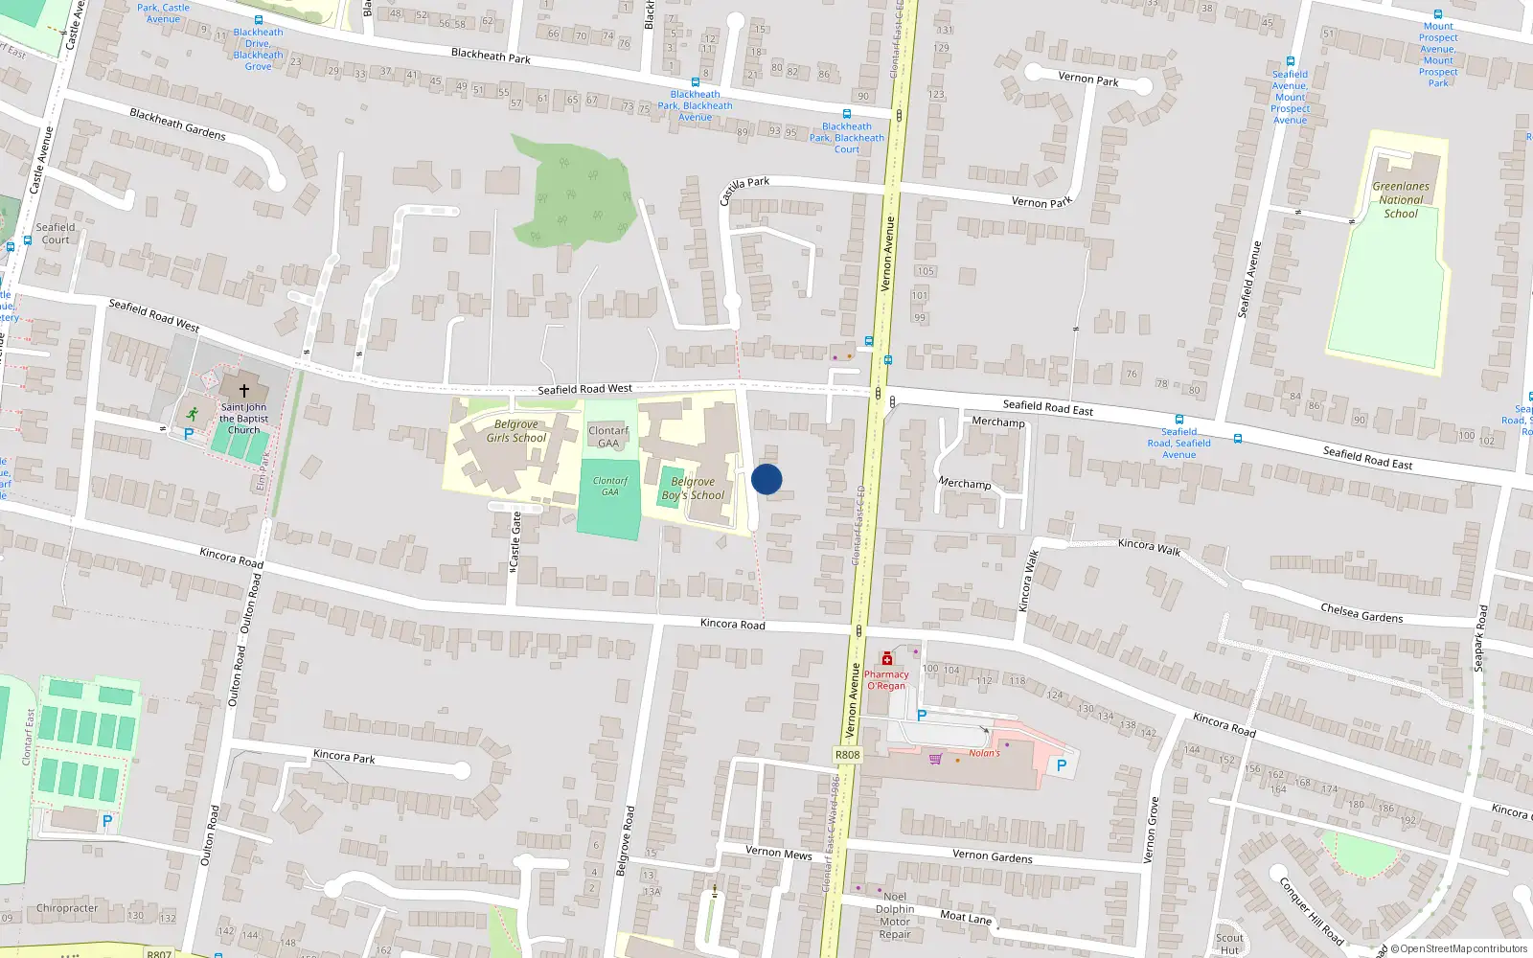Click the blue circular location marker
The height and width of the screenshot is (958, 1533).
click(x=766, y=479)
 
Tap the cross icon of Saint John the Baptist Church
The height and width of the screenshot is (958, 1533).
click(x=243, y=391)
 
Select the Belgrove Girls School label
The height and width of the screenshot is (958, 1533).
click(x=515, y=431)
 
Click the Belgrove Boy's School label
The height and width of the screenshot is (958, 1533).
click(x=693, y=489)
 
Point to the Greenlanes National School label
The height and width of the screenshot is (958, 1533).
click(x=1401, y=200)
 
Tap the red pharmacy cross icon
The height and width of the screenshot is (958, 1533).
click(x=887, y=659)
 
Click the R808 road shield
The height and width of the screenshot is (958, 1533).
click(x=848, y=755)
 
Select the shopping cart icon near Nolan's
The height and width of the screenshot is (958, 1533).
click(x=934, y=759)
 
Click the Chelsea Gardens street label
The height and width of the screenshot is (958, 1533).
click(x=1361, y=613)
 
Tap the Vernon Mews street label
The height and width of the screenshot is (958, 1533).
click(x=778, y=853)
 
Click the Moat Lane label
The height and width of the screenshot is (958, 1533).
click(x=966, y=917)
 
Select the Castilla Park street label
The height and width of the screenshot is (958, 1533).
click(x=744, y=190)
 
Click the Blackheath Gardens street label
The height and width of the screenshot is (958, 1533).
click(x=177, y=124)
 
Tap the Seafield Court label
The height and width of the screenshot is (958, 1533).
click(x=56, y=234)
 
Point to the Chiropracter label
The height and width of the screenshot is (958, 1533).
click(x=67, y=908)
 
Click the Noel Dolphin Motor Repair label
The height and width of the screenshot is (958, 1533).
click(x=895, y=915)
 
